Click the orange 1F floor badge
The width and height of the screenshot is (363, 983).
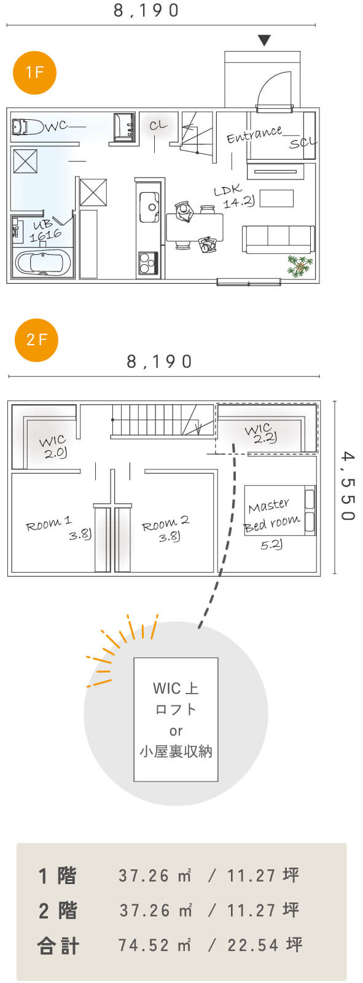tap(34, 72)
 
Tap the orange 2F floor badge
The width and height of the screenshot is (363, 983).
tap(36, 340)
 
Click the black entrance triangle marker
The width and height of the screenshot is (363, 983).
tap(263, 41)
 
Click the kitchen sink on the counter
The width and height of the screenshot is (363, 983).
tap(149, 207)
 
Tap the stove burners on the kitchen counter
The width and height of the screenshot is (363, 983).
tap(149, 262)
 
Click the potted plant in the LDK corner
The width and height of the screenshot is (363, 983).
tap(300, 266)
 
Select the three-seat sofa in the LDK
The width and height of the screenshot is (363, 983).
tap(278, 239)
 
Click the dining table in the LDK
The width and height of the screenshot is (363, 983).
tap(195, 227)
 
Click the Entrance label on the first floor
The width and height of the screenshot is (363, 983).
tap(254, 134)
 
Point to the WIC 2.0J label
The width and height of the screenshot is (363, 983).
tap(53, 447)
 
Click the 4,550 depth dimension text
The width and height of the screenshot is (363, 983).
tap(347, 486)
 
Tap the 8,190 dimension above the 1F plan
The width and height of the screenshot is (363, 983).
tap(147, 10)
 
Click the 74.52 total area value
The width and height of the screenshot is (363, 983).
tap(144, 945)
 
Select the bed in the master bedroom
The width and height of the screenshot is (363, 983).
tap(280, 511)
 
